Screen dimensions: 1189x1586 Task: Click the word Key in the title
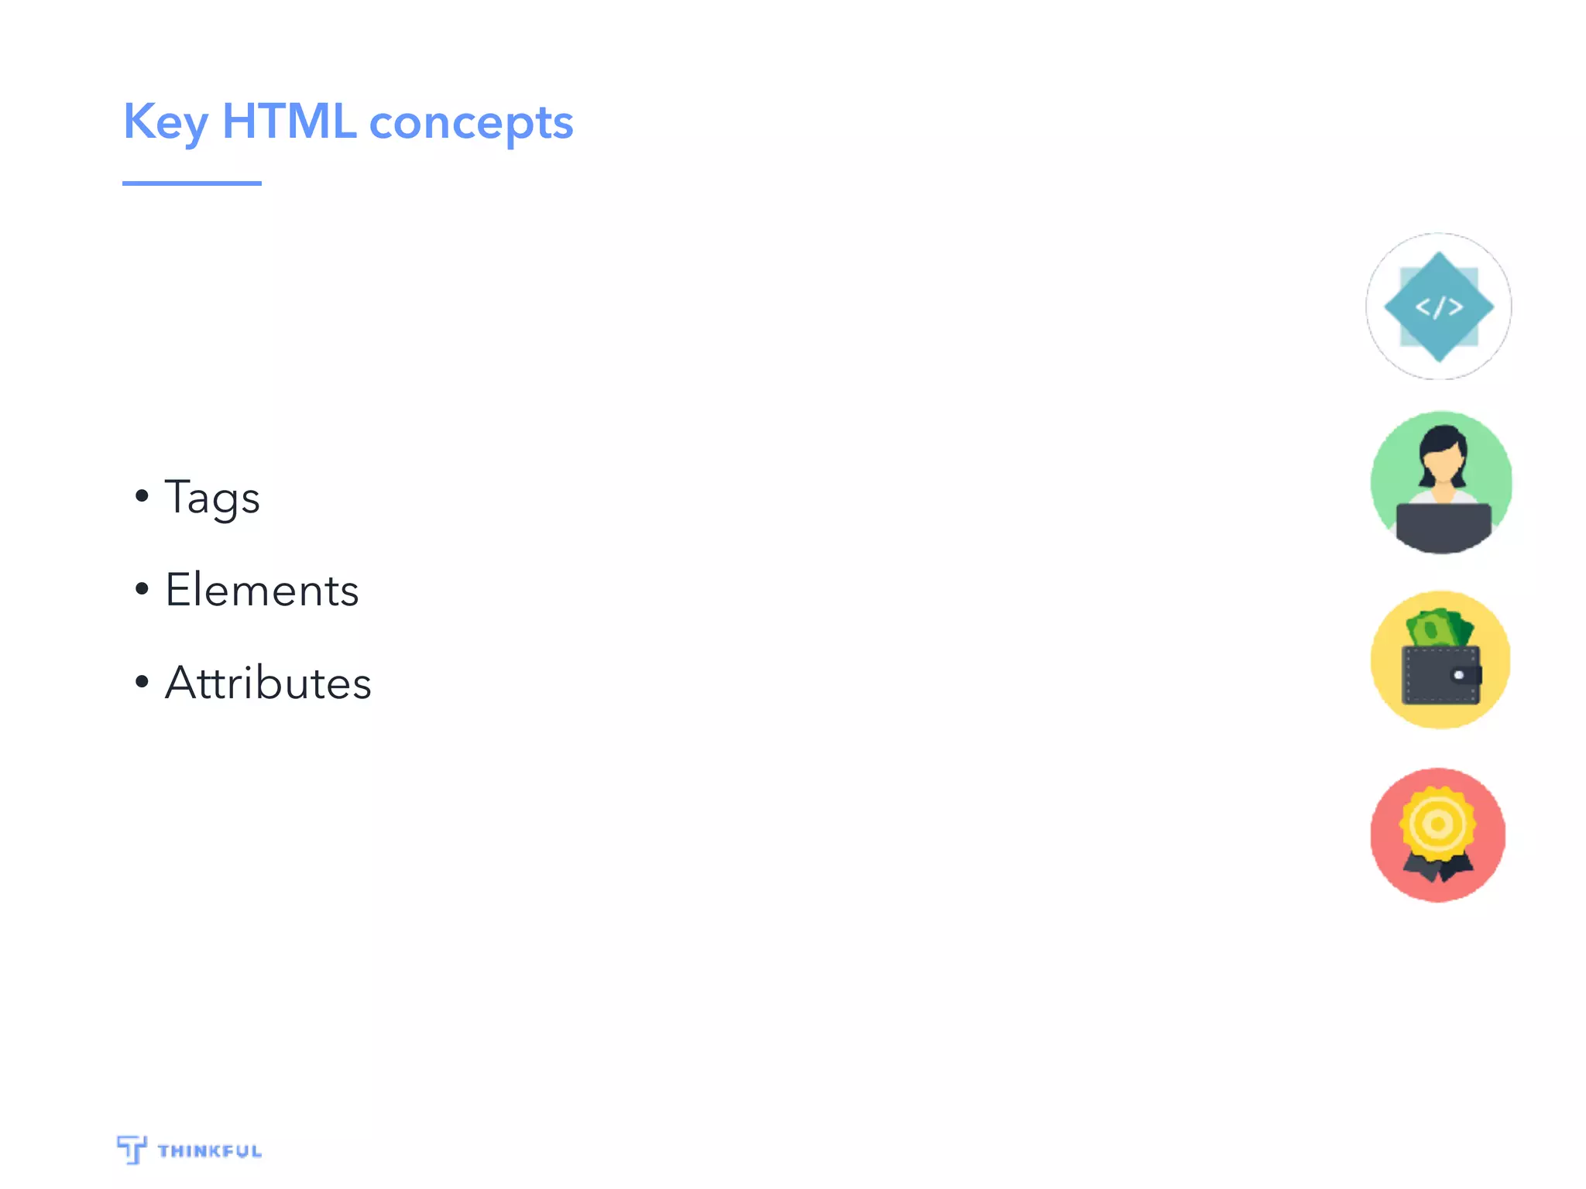click(166, 122)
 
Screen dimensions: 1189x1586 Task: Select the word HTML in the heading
click(289, 122)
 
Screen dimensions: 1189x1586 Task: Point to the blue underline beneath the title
click(191, 183)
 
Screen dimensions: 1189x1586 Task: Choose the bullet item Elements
click(262, 591)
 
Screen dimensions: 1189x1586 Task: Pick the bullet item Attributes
click(268, 684)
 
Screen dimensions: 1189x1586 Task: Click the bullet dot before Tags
click(142, 495)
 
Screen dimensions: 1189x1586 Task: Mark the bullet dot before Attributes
click(142, 682)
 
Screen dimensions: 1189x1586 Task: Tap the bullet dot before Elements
click(142, 589)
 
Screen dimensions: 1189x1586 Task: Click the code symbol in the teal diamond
click(1439, 307)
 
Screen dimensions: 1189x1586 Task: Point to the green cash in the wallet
click(1438, 628)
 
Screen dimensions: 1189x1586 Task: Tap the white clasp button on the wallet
click(1459, 675)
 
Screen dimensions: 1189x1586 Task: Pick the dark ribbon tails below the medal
click(1437, 868)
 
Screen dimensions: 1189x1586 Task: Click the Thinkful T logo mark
click(132, 1149)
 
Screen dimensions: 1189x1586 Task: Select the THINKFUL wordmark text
click(210, 1151)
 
